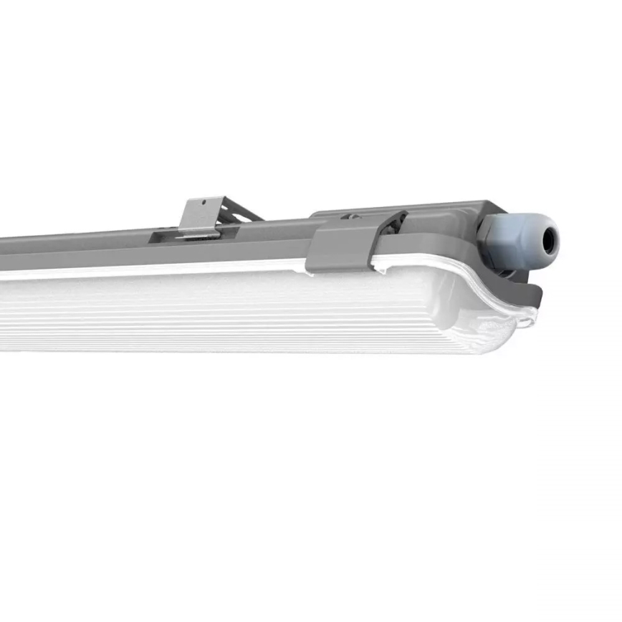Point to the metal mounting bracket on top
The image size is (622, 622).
coord(200,216)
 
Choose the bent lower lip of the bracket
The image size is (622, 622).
coord(201,234)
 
